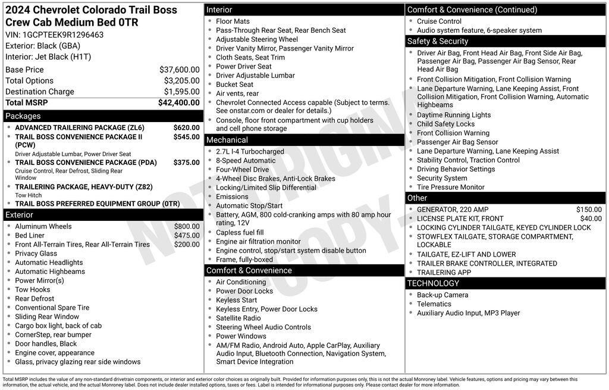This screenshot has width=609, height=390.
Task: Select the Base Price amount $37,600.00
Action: pos(179,70)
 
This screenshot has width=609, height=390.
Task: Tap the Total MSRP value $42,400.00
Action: pos(178,102)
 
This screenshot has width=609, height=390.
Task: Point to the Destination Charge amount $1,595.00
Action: pos(181,92)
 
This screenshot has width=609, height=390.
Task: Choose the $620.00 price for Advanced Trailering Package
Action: pos(186,127)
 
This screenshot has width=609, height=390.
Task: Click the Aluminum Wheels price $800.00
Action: pos(187,226)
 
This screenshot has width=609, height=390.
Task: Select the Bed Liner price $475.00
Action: pos(187,235)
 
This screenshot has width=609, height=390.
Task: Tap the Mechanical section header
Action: pos(227,140)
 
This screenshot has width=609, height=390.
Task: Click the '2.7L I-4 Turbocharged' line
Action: pos(250,152)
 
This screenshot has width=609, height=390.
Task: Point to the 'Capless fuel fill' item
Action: pos(240,233)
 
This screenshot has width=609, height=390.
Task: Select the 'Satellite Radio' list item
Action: pos(238,318)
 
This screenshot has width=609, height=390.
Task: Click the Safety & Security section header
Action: pos(438,41)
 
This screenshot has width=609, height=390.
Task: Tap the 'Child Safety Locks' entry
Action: pos(445,124)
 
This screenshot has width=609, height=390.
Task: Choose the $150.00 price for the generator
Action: pos(589,210)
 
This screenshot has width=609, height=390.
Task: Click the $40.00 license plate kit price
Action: pos(591,219)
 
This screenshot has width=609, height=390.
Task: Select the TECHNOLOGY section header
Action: pos(434,283)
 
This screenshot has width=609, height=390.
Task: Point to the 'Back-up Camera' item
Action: pos(442,295)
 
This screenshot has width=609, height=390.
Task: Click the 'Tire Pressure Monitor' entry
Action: pos(450,187)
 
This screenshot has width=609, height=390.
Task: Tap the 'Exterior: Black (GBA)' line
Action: pos(43,46)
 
